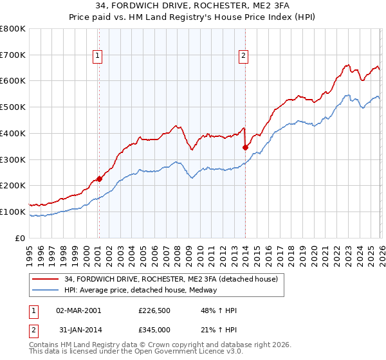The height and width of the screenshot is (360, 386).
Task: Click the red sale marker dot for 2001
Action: [x=99, y=179]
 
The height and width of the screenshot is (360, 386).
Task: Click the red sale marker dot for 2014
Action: [x=245, y=147]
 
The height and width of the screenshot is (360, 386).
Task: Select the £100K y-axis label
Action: [x=13, y=212]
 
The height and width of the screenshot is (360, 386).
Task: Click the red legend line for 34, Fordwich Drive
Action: [x=46, y=280]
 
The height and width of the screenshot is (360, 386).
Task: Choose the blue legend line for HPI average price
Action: [x=46, y=290]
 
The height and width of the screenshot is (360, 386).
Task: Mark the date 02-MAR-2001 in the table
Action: [x=78, y=310]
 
